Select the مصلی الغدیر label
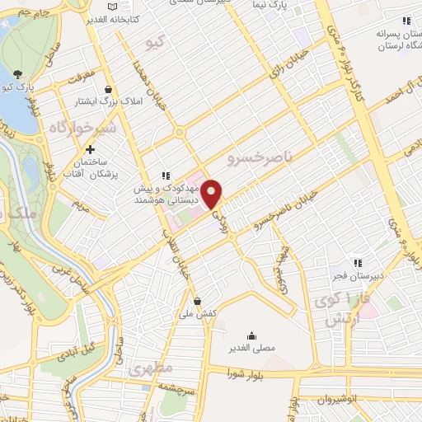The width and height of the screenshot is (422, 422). pyautogui.click(x=251, y=347)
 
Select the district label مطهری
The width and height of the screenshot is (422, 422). pyautogui.click(x=149, y=369)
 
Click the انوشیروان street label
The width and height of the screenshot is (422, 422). pyautogui.click(x=358, y=398)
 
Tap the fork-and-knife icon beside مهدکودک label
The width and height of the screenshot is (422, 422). pyautogui.click(x=164, y=175)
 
